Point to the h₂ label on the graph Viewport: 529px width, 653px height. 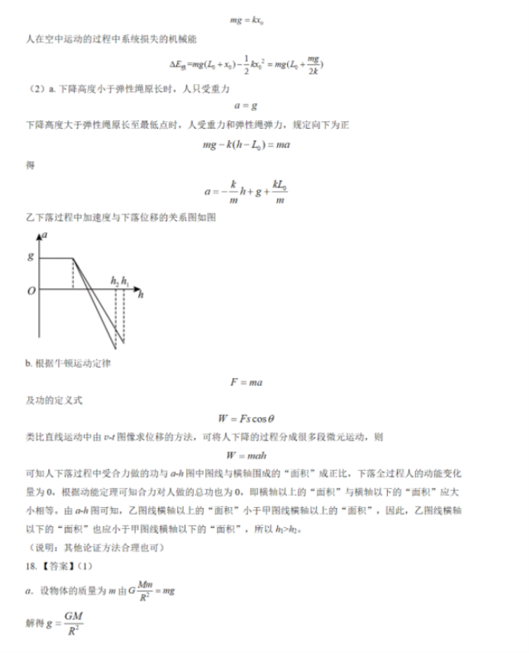point(115,281)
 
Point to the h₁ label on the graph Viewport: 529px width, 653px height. point(125,281)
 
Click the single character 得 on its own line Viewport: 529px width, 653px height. point(30,166)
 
